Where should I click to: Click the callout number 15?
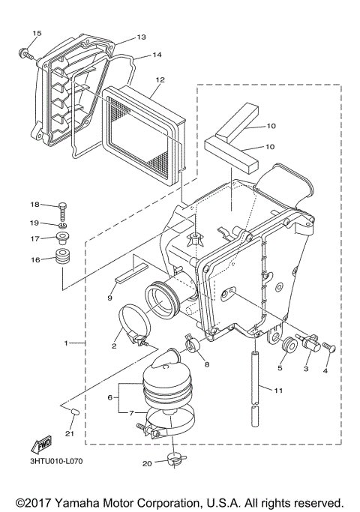[37, 34]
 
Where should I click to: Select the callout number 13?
[141, 37]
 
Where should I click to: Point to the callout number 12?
[160, 79]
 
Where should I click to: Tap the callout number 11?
[278, 390]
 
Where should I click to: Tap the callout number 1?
[67, 343]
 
